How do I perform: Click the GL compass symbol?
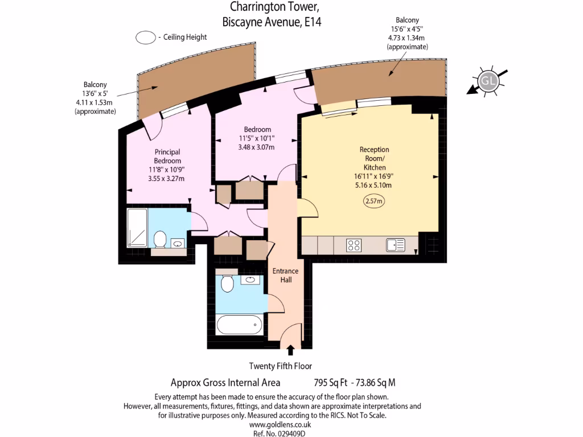(x=487, y=81)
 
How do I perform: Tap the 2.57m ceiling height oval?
(x=374, y=201)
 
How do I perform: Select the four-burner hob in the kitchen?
(x=354, y=245)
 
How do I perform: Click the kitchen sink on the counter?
(x=395, y=245)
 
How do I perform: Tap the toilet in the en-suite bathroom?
(x=159, y=238)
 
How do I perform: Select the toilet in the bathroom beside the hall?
(x=227, y=283)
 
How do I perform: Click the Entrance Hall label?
(x=285, y=275)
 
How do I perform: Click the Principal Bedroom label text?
(x=167, y=156)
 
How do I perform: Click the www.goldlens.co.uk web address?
(x=280, y=424)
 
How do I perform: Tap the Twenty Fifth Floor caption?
(x=281, y=366)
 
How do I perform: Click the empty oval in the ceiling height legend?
(x=146, y=38)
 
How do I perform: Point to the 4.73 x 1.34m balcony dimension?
(x=407, y=38)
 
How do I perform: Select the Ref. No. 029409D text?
(x=280, y=433)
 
